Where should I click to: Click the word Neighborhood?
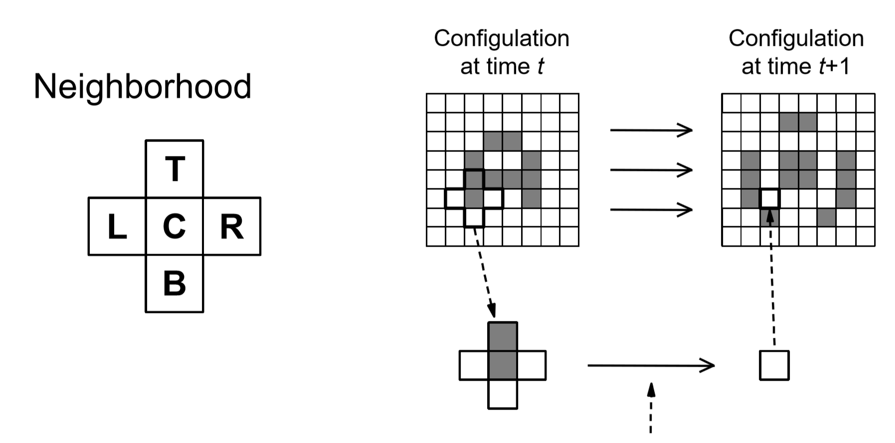pos(142,87)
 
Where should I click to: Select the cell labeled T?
pos(175,168)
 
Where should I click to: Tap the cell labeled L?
pos(117,226)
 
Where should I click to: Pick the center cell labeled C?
pos(175,226)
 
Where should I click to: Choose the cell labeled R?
pos(232,226)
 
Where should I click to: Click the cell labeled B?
pos(175,284)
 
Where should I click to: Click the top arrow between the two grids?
pos(651,130)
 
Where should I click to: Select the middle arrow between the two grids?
pos(651,170)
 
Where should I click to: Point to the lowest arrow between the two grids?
pos(651,209)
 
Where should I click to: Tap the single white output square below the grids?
pos(774,365)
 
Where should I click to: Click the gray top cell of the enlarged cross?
pos(503,336)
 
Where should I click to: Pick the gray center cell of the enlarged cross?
pos(503,365)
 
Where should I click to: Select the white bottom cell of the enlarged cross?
pos(503,394)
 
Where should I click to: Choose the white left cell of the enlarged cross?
pos(474,365)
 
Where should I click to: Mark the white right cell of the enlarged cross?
pos(532,365)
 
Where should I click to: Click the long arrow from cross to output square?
pos(651,365)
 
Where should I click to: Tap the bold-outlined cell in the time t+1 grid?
pos(769,198)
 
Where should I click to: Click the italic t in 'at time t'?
pos(540,67)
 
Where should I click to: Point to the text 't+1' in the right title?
pos(834,67)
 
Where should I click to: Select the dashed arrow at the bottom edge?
pos(651,409)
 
